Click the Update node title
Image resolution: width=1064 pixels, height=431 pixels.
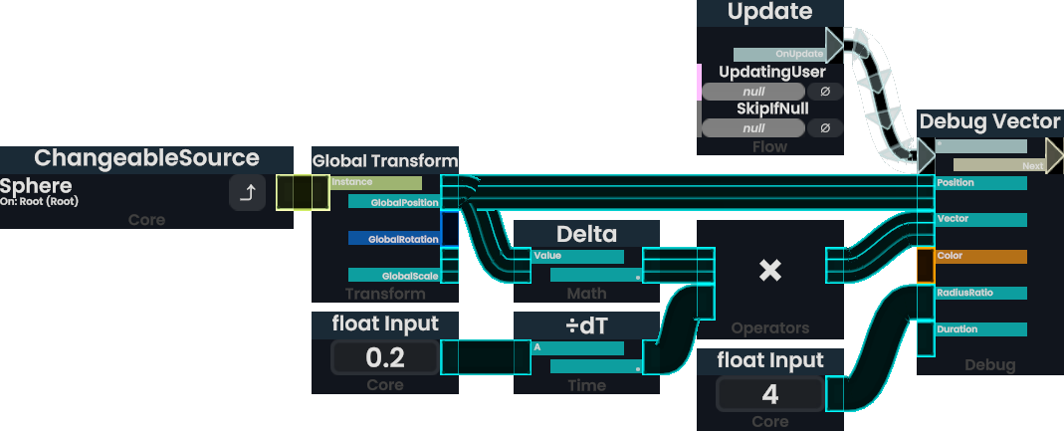click(769, 13)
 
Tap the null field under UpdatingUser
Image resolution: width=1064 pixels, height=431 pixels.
click(753, 92)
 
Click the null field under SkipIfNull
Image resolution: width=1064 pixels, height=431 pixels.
click(753, 128)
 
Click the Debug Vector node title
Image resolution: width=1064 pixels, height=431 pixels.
click(989, 122)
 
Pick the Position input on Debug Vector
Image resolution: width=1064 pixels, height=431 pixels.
click(980, 183)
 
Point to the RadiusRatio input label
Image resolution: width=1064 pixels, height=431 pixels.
click(980, 293)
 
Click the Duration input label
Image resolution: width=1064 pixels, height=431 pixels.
click(980, 329)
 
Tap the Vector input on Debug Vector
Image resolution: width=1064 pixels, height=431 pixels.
click(980, 219)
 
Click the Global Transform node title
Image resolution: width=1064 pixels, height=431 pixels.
click(385, 160)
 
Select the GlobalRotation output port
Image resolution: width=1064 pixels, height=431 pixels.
click(393, 239)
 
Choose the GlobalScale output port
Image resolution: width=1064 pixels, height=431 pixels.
click(393, 276)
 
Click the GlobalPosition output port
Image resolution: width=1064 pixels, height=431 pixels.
click(393, 202)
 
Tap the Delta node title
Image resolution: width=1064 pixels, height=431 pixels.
click(586, 234)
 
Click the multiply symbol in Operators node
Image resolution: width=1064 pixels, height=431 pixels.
click(769, 270)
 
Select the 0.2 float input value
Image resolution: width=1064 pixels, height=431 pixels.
click(384, 357)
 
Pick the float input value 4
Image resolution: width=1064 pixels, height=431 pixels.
click(769, 394)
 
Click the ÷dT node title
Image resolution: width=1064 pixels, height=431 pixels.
click(586, 325)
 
